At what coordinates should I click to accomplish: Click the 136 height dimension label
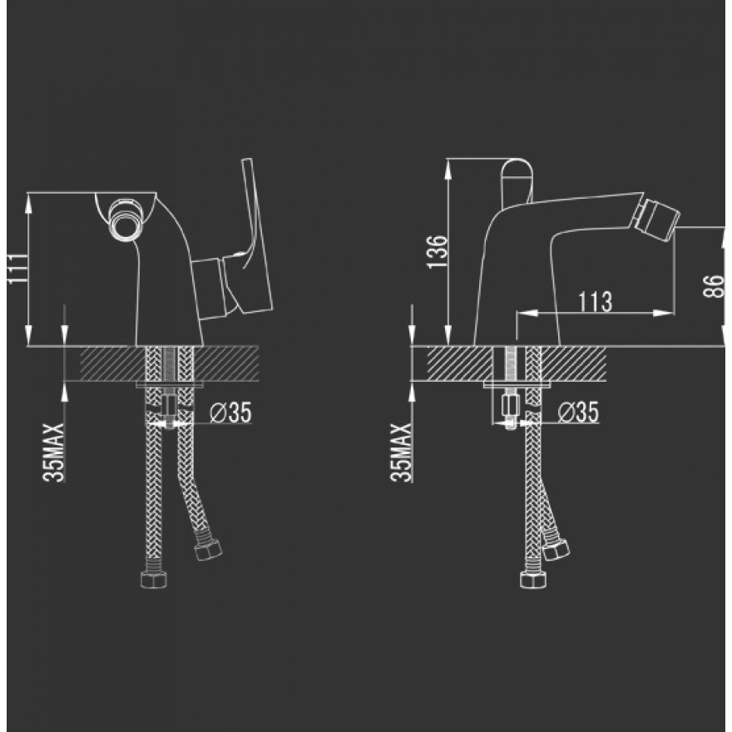pos(438,252)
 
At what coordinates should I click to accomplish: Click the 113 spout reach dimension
pos(596,303)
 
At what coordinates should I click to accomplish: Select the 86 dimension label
pos(714,285)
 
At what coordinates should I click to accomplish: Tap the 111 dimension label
pos(17,269)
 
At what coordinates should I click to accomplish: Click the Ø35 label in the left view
pos(230,413)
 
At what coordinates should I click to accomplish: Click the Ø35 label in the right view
pos(579,413)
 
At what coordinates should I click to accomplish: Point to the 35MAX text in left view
pos(53,453)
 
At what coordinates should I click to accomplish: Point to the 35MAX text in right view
pos(401,453)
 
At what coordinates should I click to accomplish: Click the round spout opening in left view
pos(124,220)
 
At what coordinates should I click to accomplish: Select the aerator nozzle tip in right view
pos(663,217)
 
